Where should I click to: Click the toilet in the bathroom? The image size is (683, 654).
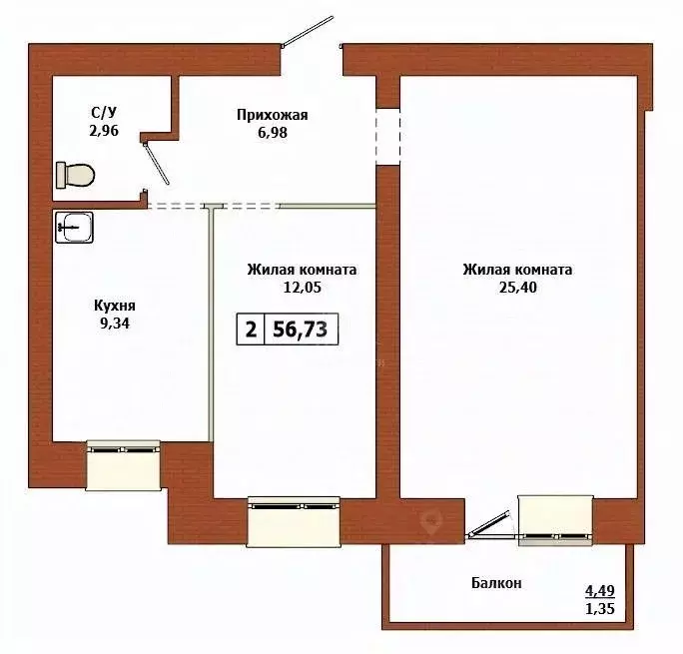(x=76, y=175)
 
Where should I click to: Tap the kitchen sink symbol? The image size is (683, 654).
(x=75, y=228)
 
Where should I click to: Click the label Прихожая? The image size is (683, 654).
(x=272, y=115)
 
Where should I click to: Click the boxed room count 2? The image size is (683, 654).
(x=250, y=329)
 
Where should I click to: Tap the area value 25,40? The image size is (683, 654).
(x=516, y=288)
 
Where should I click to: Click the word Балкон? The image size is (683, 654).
(x=496, y=582)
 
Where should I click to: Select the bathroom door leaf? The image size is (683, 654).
(x=157, y=164)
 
